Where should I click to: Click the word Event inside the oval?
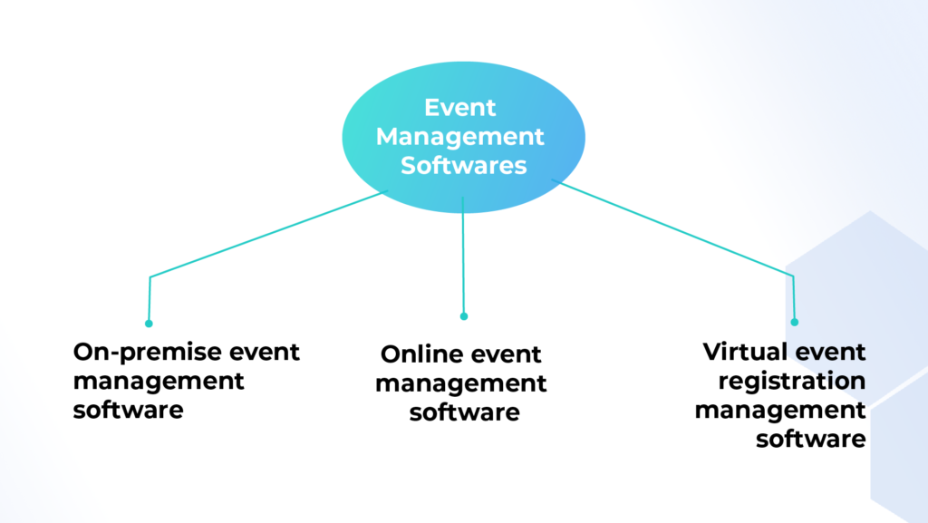click(459, 108)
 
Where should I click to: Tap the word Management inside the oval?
click(459, 138)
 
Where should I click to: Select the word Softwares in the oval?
click(463, 166)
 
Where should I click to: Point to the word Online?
click(419, 354)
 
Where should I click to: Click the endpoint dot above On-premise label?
click(149, 324)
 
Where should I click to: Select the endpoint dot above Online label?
click(464, 316)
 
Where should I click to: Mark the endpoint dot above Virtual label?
click(794, 323)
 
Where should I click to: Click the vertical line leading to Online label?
click(463, 255)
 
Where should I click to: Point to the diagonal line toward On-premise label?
click(268, 233)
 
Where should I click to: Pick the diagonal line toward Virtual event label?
click(673, 228)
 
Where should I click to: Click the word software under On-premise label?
click(129, 410)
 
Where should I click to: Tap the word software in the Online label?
click(465, 412)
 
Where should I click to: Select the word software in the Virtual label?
click(811, 439)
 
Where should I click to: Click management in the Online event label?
click(461, 384)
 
